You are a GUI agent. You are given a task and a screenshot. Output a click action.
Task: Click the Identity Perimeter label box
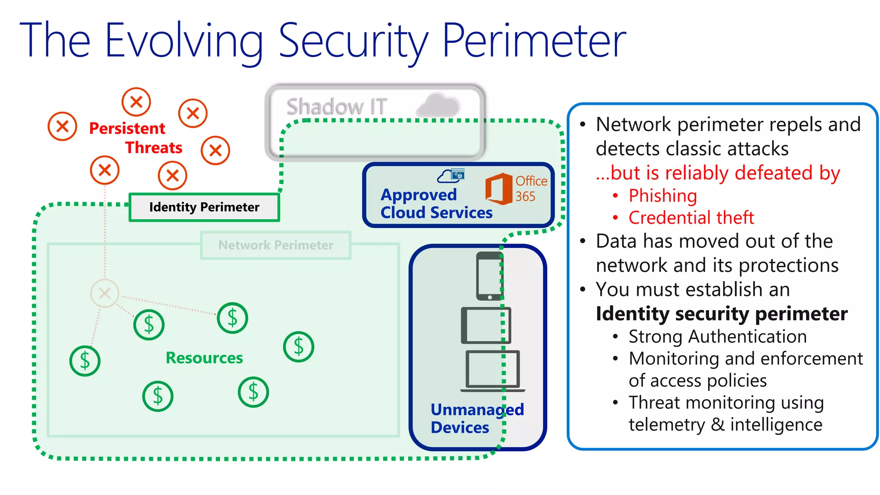pos(204,207)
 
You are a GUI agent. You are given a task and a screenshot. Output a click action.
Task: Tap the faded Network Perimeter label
pos(275,245)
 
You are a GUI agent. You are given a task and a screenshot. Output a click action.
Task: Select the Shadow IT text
pos(336,107)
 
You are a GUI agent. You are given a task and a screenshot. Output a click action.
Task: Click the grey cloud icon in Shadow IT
pos(438,105)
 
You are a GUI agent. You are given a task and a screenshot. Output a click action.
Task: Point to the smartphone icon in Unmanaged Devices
pos(489,276)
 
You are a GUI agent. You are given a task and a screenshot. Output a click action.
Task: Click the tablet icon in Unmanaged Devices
pos(486,325)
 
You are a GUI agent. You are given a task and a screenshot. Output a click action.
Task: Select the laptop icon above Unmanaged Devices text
pos(492,371)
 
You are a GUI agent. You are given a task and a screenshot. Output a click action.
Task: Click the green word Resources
pos(204,358)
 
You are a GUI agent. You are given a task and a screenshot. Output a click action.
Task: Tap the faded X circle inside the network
pos(104,293)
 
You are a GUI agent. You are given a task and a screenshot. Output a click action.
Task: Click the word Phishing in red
pos(662,196)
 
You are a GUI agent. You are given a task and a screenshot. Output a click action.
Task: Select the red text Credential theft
pos(691,217)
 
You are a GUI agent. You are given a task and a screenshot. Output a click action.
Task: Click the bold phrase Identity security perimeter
pos(721,314)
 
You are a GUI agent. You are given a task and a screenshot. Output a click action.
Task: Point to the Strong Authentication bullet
pos(717,336)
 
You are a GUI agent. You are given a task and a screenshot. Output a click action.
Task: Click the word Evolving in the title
pos(184,41)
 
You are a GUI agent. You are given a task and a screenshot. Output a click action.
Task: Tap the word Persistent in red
pos(127,128)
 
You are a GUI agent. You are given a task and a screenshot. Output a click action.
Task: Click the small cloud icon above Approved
pos(451,176)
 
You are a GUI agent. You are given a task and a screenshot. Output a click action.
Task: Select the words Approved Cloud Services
pos(436,204)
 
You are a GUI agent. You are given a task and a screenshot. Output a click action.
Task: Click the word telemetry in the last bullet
pos(666,425)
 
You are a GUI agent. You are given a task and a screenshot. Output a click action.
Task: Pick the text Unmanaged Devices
pos(477,419)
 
